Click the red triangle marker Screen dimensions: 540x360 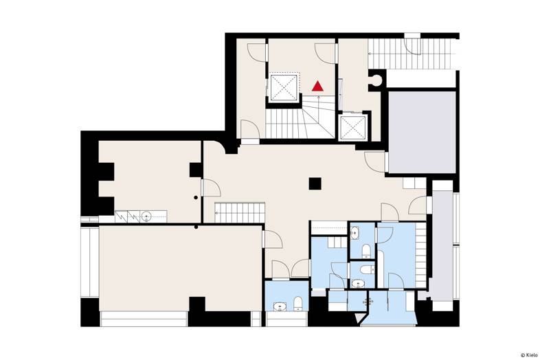(x=317, y=86)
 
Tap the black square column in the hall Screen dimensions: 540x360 (x=315, y=183)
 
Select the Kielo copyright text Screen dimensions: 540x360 (x=528, y=355)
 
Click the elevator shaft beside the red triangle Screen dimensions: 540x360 (x=284, y=87)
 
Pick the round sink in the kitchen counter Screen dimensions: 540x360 (x=146, y=216)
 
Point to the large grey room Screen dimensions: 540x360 (x=423, y=133)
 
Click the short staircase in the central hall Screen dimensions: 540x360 (x=240, y=212)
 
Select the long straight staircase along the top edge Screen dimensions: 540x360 (x=409, y=54)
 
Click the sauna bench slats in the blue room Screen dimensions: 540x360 (x=420, y=256)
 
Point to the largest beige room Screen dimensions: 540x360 (x=181, y=268)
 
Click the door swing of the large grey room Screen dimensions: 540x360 (x=375, y=162)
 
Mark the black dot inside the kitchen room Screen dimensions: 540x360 (x=196, y=197)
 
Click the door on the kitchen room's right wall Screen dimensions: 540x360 (x=211, y=188)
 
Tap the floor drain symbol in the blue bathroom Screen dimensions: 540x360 (x=368, y=302)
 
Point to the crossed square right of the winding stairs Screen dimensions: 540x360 (x=353, y=128)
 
